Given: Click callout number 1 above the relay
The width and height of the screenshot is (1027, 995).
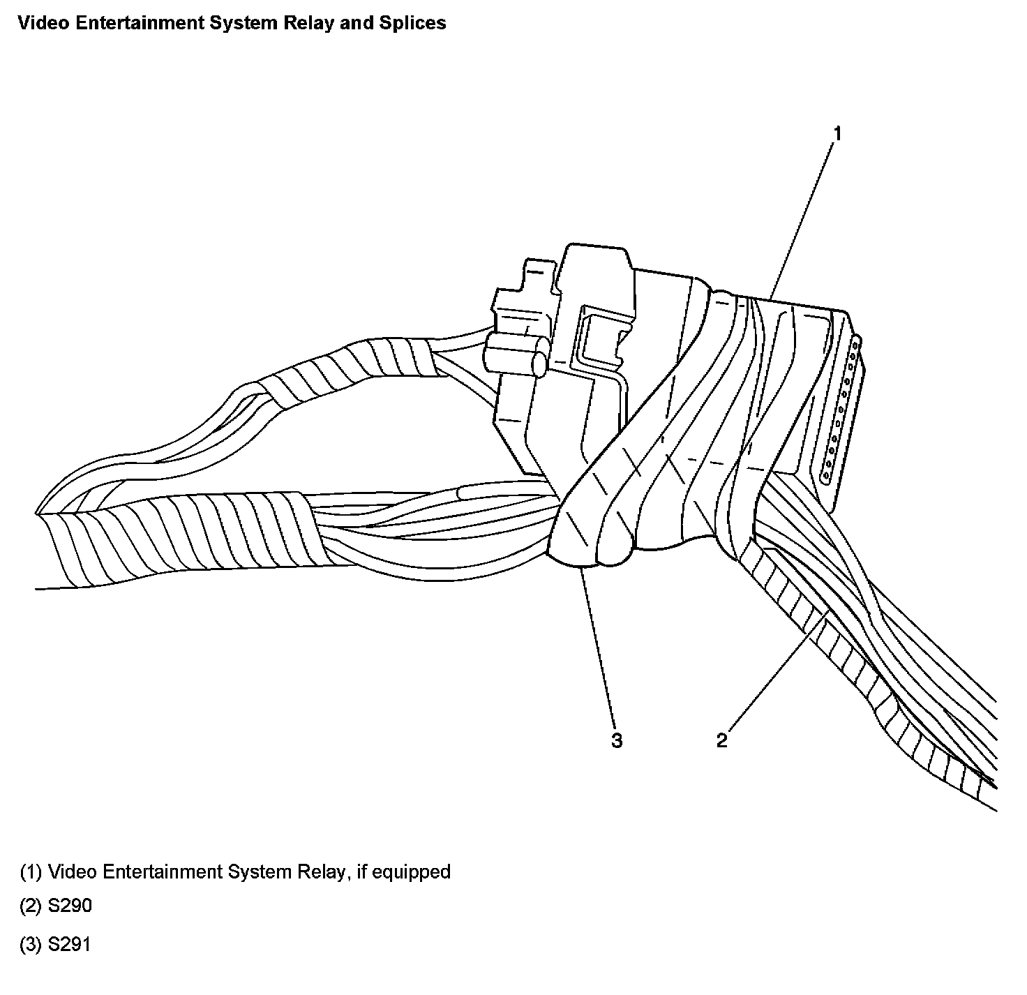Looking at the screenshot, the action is (x=838, y=133).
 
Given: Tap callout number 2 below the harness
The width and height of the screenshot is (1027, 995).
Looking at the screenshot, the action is (x=721, y=740).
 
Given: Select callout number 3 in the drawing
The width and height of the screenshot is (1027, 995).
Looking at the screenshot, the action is (x=617, y=740).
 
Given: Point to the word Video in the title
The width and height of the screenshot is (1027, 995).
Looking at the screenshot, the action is (x=37, y=23).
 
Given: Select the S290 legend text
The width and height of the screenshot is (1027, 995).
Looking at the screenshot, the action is (x=70, y=906).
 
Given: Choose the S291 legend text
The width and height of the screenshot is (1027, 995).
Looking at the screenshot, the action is (x=70, y=945).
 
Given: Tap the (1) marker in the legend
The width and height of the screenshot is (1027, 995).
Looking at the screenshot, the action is (x=31, y=871).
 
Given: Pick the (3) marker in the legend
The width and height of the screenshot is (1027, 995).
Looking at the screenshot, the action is (x=31, y=945).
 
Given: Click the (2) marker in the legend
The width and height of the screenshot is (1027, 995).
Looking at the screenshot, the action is (x=31, y=906).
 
